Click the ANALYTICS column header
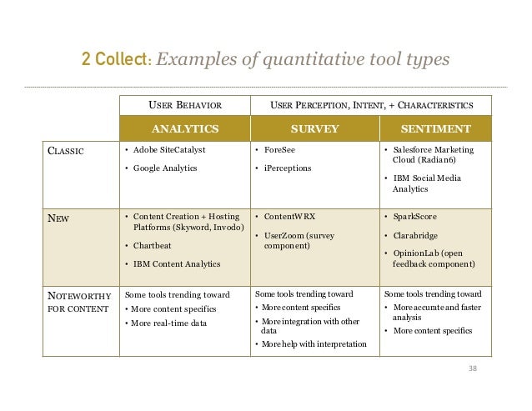coord(184,129)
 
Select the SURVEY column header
coord(314,129)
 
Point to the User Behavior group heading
coord(184,106)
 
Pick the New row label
coord(58,217)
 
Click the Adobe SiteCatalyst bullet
coord(163,151)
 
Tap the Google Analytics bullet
coord(161,168)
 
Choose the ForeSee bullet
coord(279,151)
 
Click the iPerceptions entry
coord(287,168)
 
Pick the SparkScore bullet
coord(414,217)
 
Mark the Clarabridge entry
coord(416,235)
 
